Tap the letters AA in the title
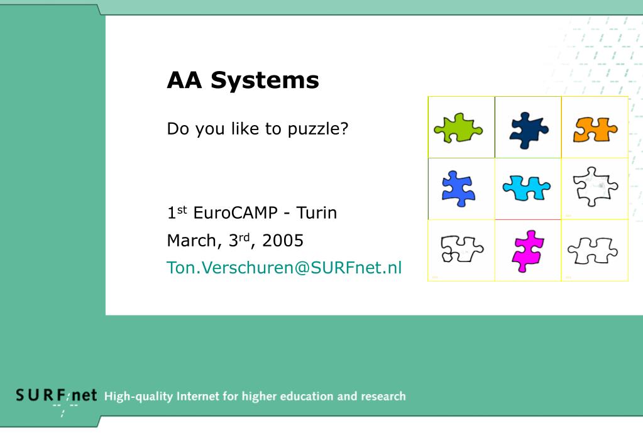(x=185, y=80)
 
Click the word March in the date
(x=189, y=240)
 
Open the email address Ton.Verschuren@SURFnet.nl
(x=283, y=268)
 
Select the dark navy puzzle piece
(x=528, y=129)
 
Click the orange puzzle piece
(x=595, y=129)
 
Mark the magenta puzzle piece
(x=527, y=250)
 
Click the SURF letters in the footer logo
(x=41, y=396)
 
